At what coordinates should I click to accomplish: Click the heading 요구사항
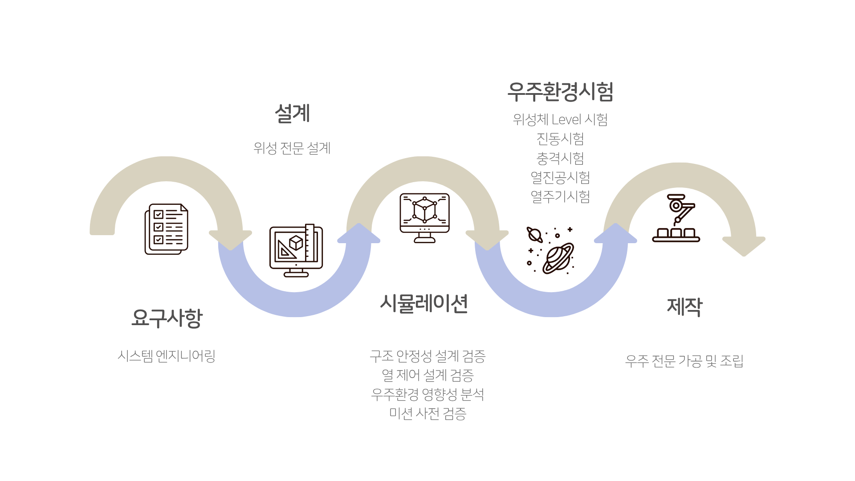tap(167, 318)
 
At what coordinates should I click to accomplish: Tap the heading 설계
tap(292, 113)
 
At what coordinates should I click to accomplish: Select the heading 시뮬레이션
tap(424, 304)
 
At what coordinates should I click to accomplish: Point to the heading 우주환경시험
tap(561, 91)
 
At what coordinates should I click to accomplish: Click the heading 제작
tap(684, 307)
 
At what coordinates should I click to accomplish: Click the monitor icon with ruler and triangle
tap(296, 250)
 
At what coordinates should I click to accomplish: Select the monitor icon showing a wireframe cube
tap(424, 218)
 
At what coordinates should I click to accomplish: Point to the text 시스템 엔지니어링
tap(167, 356)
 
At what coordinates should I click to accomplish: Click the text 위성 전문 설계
tap(292, 148)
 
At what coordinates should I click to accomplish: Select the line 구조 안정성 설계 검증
tap(427, 356)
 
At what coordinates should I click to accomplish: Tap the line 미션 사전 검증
tap(427, 413)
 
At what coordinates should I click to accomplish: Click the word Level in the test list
tap(566, 119)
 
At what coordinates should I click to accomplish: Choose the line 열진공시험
tap(560, 177)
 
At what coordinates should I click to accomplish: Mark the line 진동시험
tap(560, 139)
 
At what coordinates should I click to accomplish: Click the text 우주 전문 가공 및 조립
tap(684, 361)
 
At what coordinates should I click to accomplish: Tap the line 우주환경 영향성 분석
tap(427, 394)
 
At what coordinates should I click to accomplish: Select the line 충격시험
tap(560, 158)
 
